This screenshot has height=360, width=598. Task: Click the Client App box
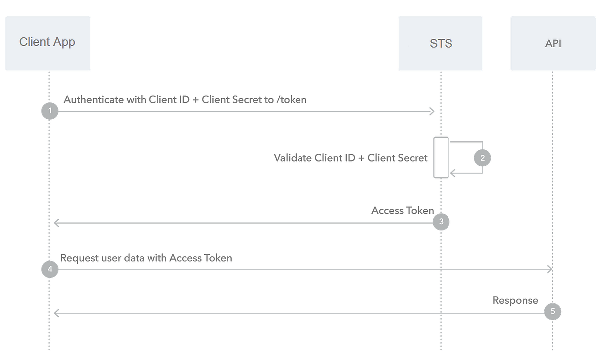48,43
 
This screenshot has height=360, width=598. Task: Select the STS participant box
441,43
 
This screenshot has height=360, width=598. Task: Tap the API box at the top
553,43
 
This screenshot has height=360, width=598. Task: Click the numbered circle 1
49,111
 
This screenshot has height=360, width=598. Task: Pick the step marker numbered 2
482,158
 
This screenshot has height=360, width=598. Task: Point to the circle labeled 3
441,222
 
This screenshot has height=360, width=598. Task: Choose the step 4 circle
49,270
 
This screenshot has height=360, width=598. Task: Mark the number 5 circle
552,312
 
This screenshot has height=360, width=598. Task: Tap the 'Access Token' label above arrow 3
402,210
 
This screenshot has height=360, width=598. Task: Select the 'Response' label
515,300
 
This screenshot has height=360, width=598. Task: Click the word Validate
293,158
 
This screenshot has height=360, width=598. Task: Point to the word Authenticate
93,100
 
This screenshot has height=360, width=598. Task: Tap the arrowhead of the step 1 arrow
432,112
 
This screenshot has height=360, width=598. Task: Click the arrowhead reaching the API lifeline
549,270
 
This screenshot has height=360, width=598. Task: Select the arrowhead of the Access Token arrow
57,223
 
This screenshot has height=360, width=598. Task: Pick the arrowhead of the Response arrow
57,313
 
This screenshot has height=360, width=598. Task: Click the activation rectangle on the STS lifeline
441,157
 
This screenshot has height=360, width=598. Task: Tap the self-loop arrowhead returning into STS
453,173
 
